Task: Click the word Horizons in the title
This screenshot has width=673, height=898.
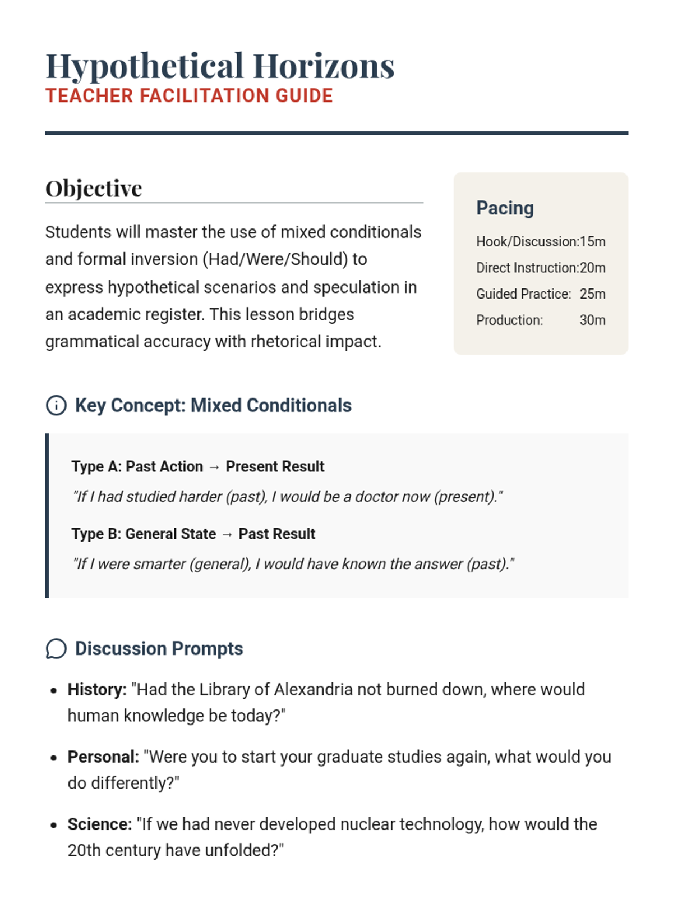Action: click(324, 66)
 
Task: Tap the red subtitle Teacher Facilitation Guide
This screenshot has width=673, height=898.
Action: click(189, 96)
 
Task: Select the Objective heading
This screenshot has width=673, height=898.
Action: click(94, 189)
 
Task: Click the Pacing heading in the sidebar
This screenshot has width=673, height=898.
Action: click(505, 208)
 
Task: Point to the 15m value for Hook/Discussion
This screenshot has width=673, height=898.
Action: click(593, 242)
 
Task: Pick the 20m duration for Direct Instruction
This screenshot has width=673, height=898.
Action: click(593, 268)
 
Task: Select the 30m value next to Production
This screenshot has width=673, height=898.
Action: click(592, 320)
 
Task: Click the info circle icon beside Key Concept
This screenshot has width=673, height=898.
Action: click(56, 405)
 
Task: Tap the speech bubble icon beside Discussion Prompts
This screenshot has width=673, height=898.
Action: click(56, 649)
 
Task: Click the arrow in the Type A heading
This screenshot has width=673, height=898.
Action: click(214, 467)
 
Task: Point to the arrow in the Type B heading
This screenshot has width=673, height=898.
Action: click(227, 534)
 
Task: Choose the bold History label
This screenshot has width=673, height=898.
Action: click(97, 690)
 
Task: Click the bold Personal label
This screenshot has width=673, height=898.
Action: click(103, 757)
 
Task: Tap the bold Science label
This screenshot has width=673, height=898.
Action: click(100, 824)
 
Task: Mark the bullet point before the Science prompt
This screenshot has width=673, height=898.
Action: click(53, 825)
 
